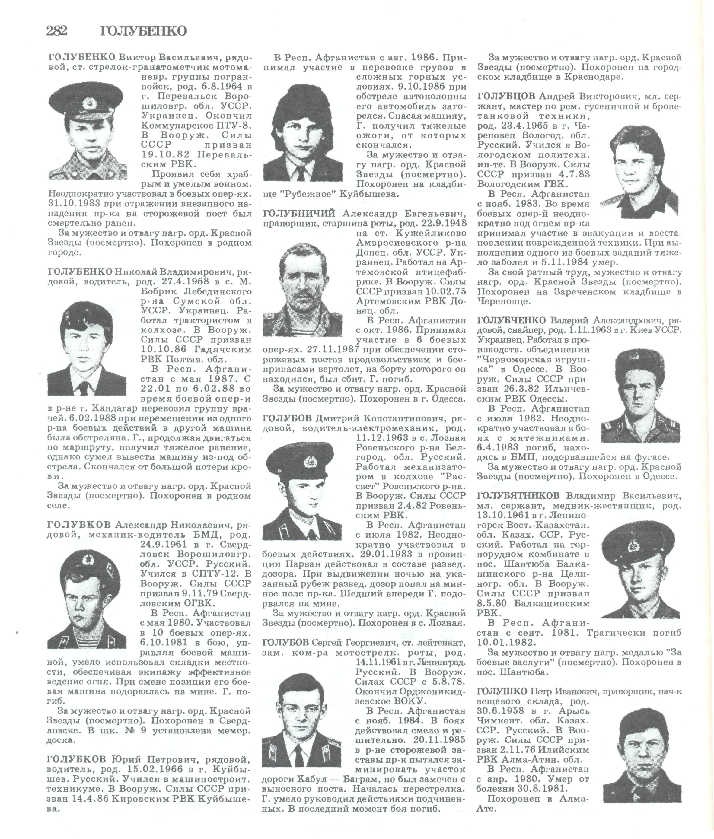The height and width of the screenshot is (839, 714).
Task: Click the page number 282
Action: (57, 31)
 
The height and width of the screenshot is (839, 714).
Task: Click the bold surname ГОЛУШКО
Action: (502, 691)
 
